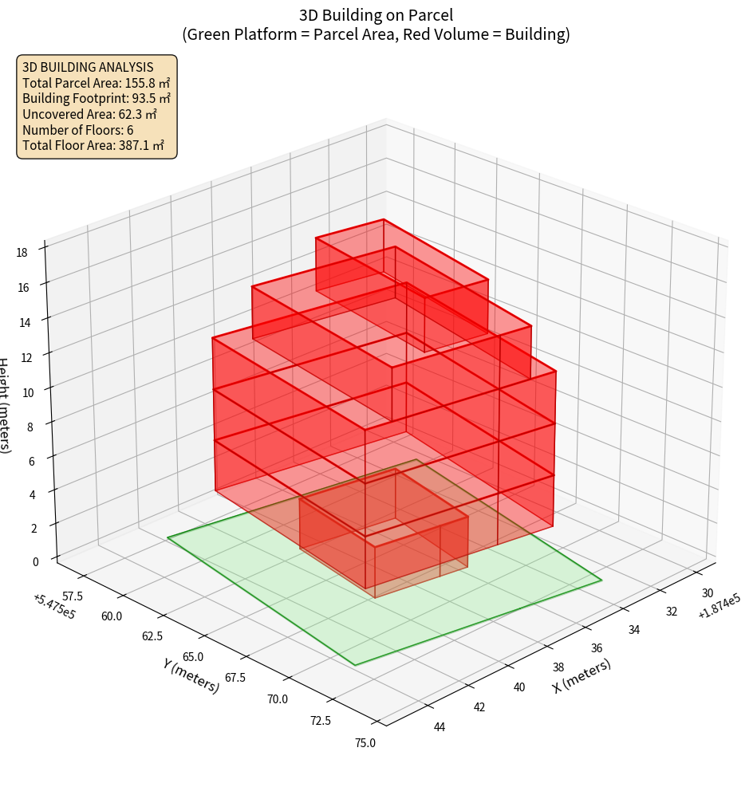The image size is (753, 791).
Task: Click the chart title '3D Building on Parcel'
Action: pos(376,15)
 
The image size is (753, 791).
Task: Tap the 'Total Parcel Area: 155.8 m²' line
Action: pos(97,82)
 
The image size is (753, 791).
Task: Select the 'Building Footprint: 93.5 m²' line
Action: pos(97,98)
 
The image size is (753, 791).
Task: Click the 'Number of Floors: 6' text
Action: pos(78,130)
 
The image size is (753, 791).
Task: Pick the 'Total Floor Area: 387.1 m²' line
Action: pos(93,146)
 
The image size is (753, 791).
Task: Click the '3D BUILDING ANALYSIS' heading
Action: pos(88,66)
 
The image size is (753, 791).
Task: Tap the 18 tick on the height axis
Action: pos(22,253)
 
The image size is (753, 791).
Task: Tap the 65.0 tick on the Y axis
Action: pos(192,656)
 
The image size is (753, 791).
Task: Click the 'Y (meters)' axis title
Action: pos(191,675)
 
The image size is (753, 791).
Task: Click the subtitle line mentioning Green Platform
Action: pos(376,34)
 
